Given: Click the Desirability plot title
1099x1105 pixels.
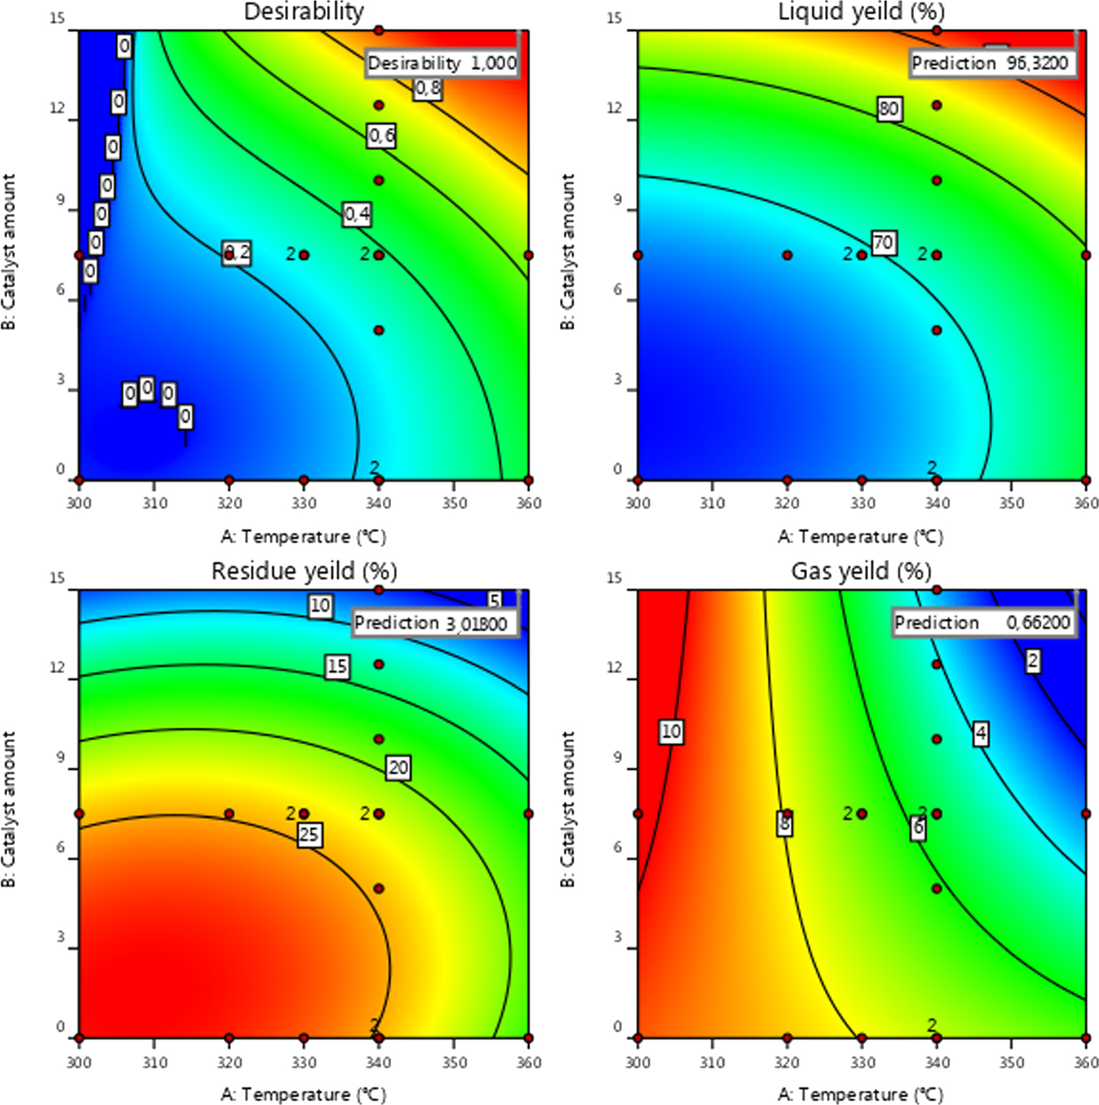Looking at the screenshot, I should tap(304, 12).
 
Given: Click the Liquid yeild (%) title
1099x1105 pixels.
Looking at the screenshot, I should tap(861, 12).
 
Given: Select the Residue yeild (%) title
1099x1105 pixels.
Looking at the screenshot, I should tap(304, 570).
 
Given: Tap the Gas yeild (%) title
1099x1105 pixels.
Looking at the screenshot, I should tap(861, 570).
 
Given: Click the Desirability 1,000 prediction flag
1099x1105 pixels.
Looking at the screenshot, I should tap(442, 63).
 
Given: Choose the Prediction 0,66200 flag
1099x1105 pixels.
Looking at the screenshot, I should tap(982, 623).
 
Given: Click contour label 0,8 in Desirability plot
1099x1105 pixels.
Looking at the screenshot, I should tap(427, 89).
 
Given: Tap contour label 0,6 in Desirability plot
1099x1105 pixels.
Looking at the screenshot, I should tap(381, 136).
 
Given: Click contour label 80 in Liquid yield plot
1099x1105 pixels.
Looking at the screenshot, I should tap(888, 109).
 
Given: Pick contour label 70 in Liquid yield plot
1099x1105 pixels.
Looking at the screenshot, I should tap(883, 243).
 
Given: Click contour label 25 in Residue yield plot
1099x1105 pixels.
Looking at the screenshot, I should tap(309, 835).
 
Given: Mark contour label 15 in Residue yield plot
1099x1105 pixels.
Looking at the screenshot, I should tap(337, 667).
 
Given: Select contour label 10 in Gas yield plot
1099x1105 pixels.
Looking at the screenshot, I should tap(671, 731).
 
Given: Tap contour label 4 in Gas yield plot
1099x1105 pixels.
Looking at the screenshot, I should tap(981, 734).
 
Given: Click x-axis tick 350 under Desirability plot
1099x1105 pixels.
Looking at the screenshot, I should tap(453, 503).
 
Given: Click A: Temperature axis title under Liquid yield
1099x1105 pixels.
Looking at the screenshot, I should tap(861, 536).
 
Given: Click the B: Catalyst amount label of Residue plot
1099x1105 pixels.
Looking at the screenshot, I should tap(9, 810).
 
